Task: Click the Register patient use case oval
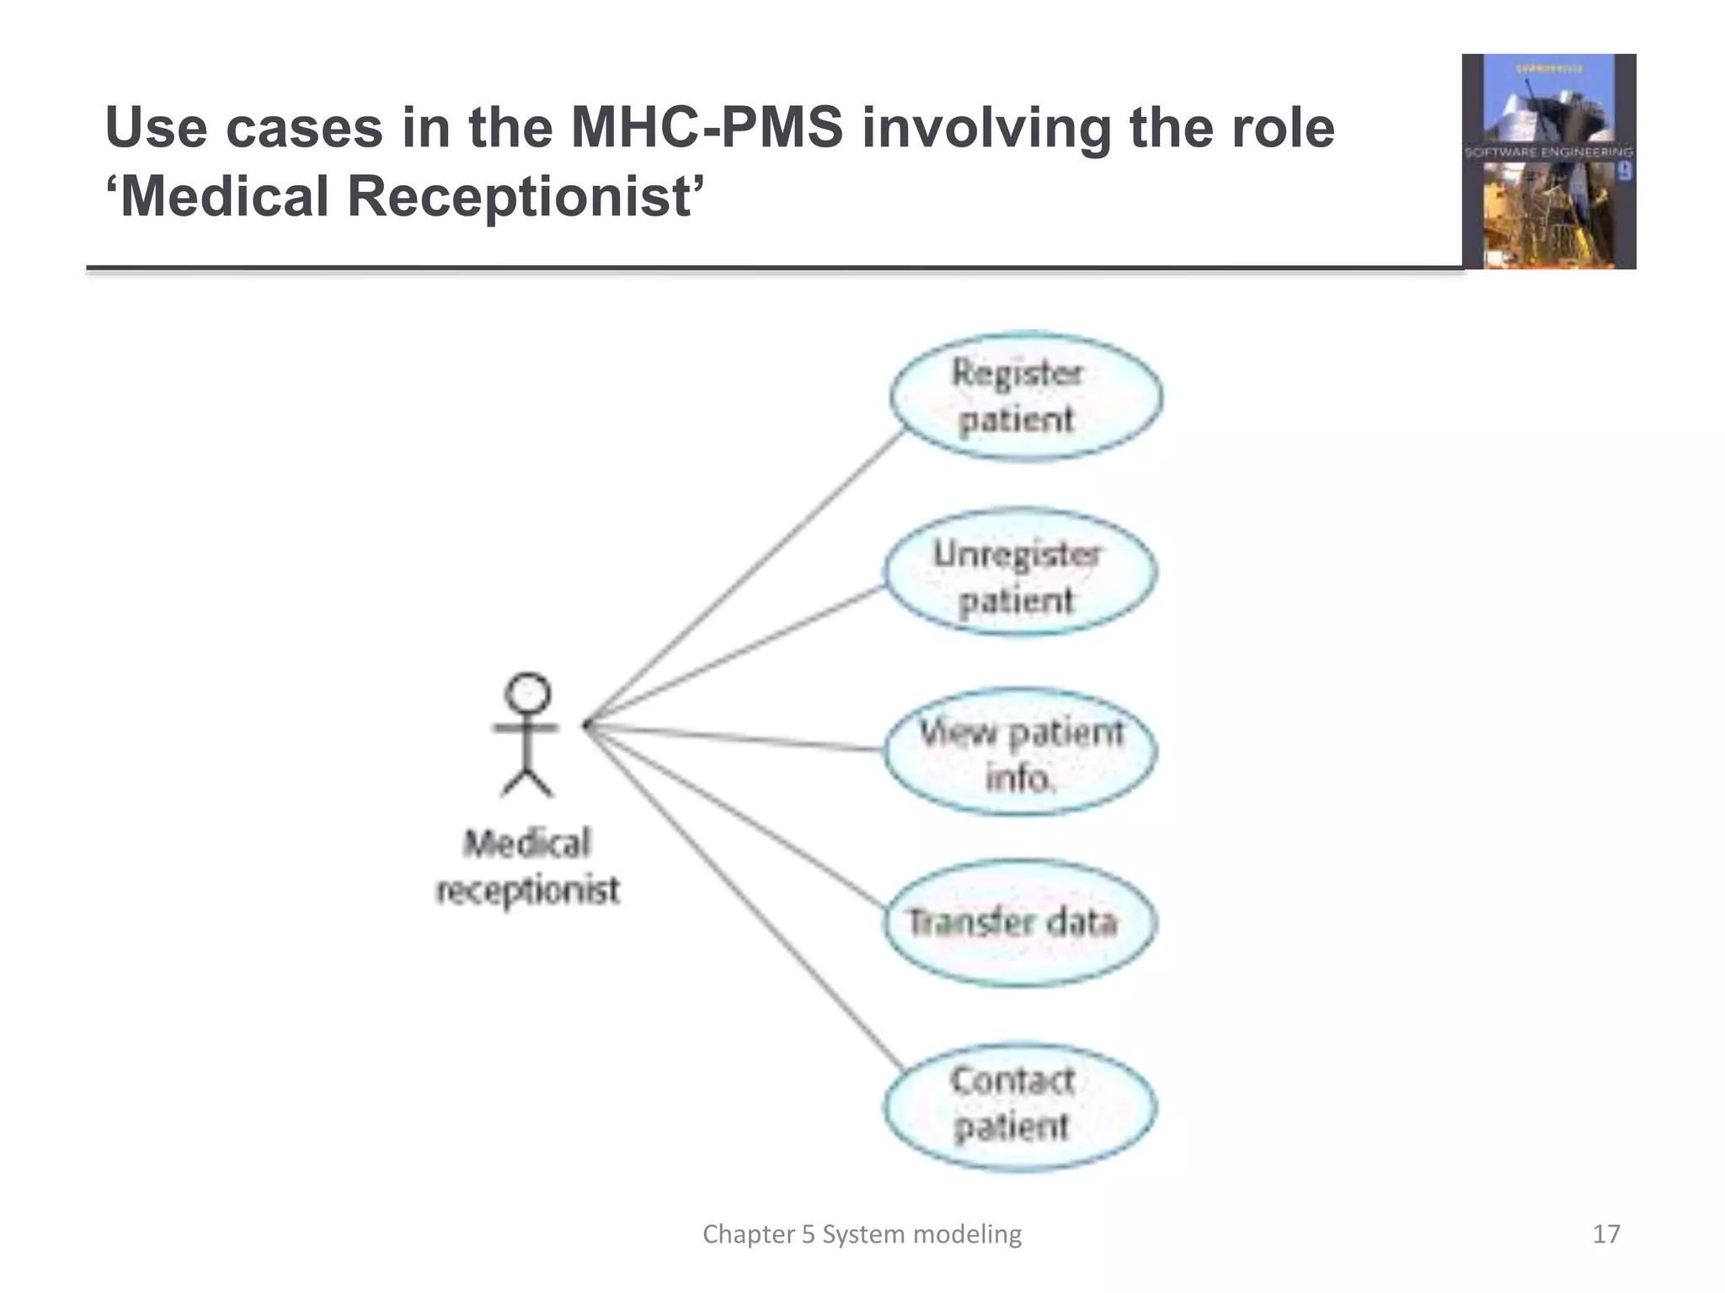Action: pos(1026,396)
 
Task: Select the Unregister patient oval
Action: pos(1019,573)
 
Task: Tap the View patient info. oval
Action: pos(1020,753)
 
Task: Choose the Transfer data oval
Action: pos(1020,923)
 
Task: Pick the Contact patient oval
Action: pos(1019,1106)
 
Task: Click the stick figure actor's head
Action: pos(527,693)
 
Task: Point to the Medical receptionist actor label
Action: pos(528,867)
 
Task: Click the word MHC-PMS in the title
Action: pos(707,128)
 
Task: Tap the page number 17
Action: pos(1605,1234)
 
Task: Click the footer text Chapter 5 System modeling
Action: pos(862,1234)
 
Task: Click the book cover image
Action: pos(1548,162)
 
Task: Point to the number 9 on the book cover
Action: pos(1624,172)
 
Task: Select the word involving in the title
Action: pos(986,128)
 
